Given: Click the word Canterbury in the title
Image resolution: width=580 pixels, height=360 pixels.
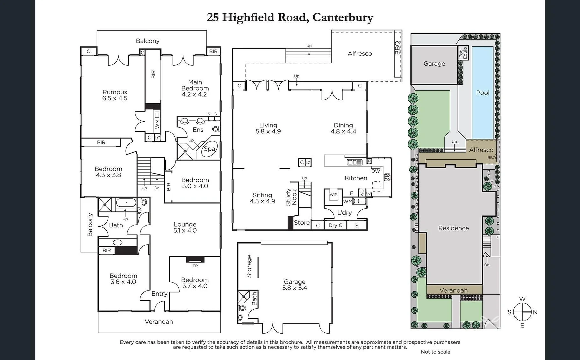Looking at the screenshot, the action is coord(343,17).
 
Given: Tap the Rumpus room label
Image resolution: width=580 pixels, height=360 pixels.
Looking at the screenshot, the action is coord(115,95).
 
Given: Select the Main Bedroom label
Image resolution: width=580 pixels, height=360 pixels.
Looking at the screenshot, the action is coord(195,88).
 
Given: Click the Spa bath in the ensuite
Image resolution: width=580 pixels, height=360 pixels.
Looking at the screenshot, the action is coord(209,149).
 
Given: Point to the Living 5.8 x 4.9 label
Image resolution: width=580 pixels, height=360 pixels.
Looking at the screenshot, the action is coord(268,128).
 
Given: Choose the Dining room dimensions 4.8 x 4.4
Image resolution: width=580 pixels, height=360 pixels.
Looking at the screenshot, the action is coord(343,131).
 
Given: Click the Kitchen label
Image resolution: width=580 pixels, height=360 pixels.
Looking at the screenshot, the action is coord(356,178).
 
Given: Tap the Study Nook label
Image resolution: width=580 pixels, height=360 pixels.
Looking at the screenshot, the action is coord(291,197).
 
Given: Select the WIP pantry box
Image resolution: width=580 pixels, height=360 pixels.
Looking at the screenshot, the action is coord(333,195).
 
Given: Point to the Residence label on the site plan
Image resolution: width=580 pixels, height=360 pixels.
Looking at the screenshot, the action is coord(453,228).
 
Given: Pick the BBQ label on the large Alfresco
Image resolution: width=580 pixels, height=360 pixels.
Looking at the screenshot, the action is coord(397,48).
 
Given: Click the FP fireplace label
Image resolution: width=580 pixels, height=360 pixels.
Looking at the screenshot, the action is coord(195,266).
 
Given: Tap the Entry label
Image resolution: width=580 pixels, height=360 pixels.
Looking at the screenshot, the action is coord(159,294).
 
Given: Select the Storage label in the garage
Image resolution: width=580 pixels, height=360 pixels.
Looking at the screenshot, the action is coord(249,266).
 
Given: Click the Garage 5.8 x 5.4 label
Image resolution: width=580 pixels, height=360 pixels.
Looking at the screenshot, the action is coord(295,285).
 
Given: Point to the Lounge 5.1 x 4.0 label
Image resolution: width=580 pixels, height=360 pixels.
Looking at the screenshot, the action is coord(185,227).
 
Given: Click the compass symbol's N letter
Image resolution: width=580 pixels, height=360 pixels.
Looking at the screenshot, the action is coord(535,312).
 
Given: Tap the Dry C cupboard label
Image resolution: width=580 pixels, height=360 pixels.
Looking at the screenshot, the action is coord(335,225).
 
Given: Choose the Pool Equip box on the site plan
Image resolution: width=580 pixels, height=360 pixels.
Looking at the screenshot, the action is coord(463,53).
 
